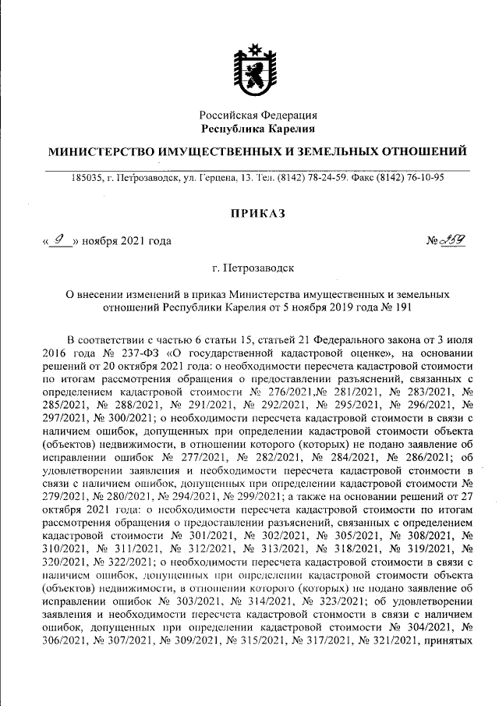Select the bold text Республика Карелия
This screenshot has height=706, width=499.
point(257,128)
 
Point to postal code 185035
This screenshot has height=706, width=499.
point(87,178)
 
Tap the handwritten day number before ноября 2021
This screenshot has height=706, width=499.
point(59,239)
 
